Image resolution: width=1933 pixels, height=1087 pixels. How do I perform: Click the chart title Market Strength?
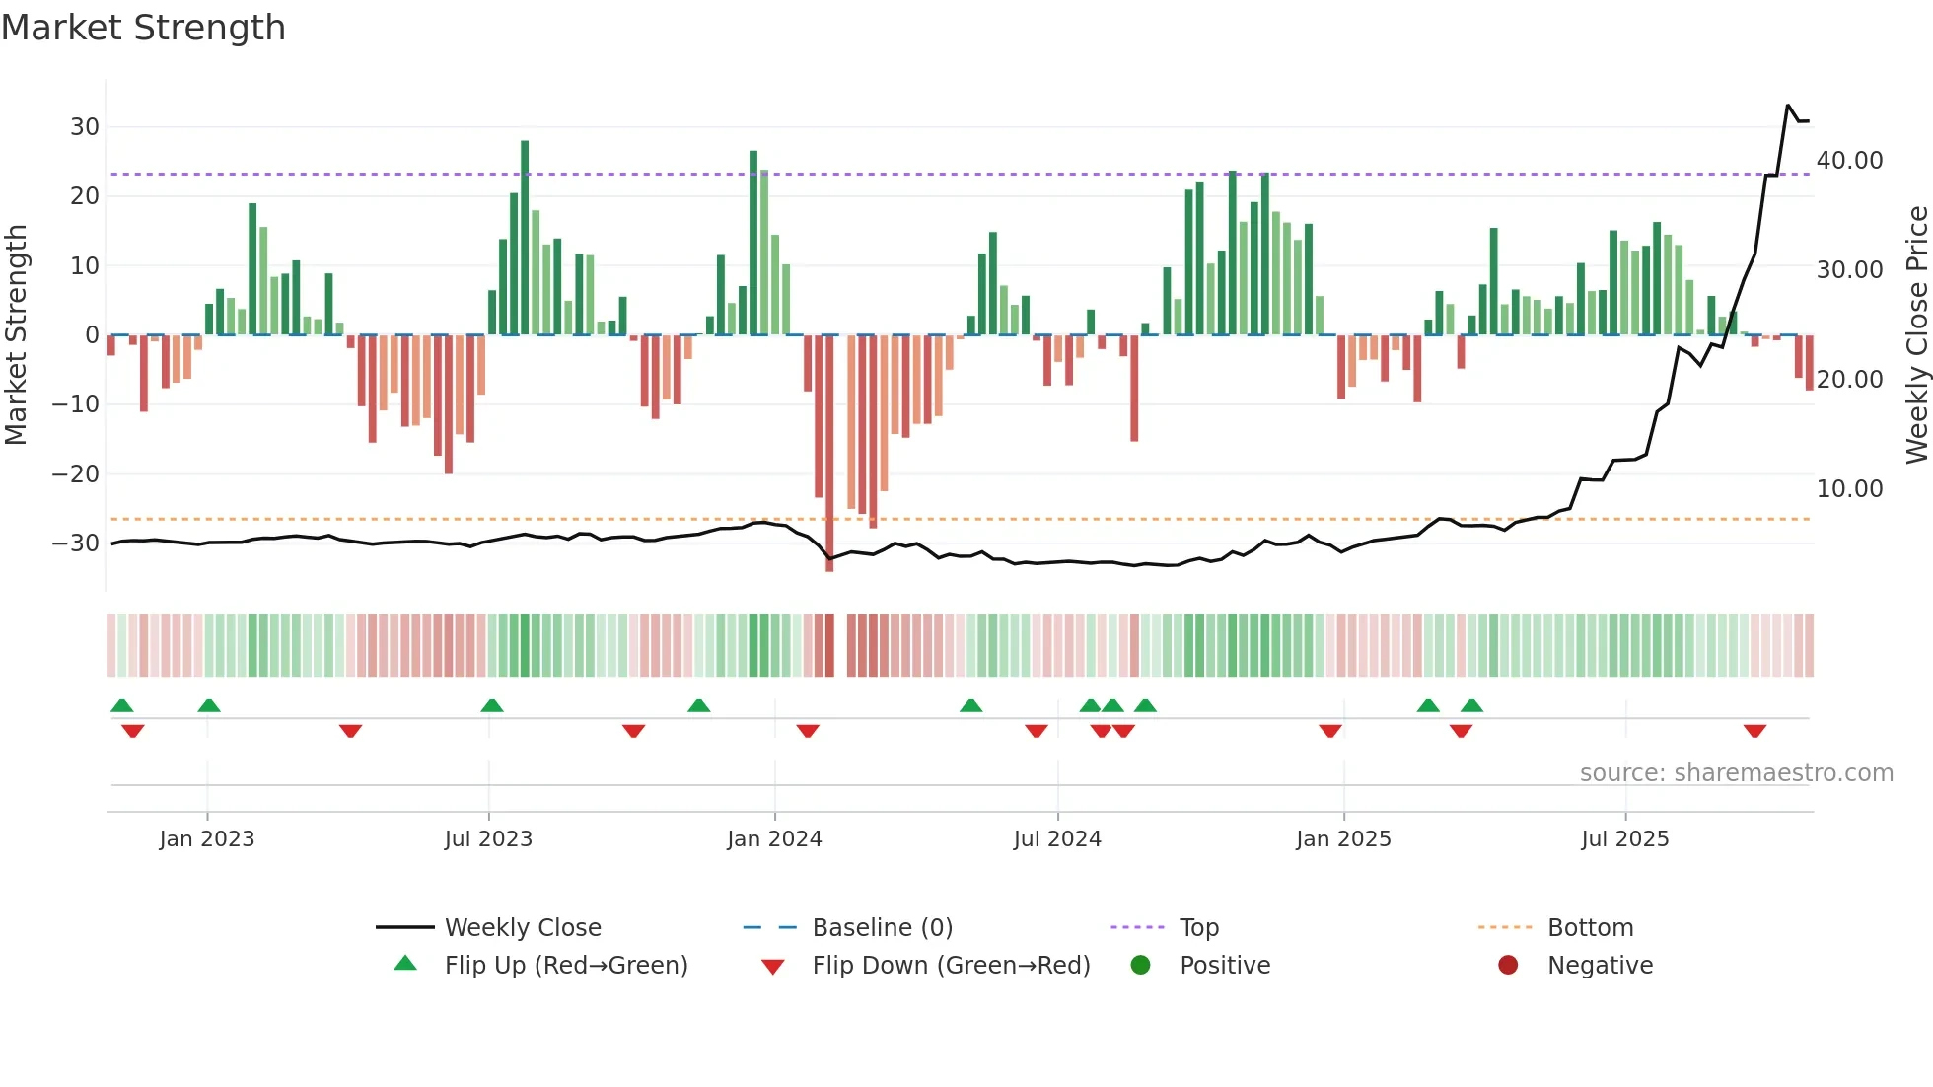click(x=143, y=28)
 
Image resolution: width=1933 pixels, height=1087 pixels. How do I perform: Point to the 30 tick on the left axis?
click(x=85, y=127)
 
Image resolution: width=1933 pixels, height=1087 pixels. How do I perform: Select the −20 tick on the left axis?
click(x=76, y=474)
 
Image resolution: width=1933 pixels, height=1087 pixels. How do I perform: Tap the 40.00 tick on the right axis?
click(x=1849, y=161)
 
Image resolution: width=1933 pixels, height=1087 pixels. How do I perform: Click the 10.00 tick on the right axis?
click(x=1849, y=489)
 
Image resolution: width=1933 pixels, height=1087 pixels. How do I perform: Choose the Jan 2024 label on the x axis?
click(x=774, y=839)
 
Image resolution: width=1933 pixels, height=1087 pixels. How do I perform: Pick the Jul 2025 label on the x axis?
click(x=1624, y=839)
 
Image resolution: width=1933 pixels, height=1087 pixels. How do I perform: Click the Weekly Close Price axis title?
click(x=1916, y=334)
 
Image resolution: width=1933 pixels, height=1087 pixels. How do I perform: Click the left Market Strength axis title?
click(x=16, y=334)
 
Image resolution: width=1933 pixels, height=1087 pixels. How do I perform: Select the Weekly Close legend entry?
click(x=522, y=928)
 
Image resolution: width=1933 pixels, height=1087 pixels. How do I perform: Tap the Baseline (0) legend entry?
click(x=882, y=928)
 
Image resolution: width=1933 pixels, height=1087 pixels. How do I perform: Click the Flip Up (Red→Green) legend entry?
click(x=565, y=966)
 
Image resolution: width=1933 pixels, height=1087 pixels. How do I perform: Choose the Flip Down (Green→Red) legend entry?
click(x=951, y=966)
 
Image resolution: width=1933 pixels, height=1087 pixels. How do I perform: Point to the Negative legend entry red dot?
click(x=1508, y=966)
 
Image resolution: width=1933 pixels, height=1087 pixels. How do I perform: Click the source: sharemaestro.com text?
click(x=1736, y=773)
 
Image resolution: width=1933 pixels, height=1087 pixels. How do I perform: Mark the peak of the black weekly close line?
click(x=1788, y=106)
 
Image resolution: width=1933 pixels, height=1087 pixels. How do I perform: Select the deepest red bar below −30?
click(x=829, y=454)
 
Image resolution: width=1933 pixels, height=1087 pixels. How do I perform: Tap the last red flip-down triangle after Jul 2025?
click(x=1754, y=731)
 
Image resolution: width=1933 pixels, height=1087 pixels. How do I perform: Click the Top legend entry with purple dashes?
click(x=1198, y=928)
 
